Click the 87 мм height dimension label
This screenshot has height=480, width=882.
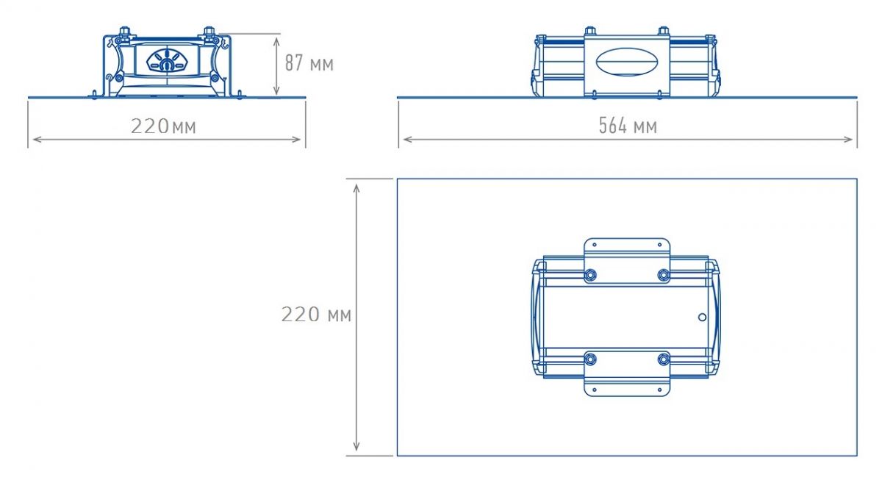tap(309, 63)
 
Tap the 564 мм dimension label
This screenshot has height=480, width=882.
tap(628, 126)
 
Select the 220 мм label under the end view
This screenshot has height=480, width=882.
tap(163, 126)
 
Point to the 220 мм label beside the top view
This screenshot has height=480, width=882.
tap(316, 315)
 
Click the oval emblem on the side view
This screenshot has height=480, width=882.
tap(627, 62)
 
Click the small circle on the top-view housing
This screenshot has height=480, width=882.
tap(702, 317)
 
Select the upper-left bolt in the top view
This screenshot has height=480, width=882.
tap(589, 275)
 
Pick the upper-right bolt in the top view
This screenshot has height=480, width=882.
tap(664, 275)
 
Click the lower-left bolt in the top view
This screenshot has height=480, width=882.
tap(589, 359)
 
